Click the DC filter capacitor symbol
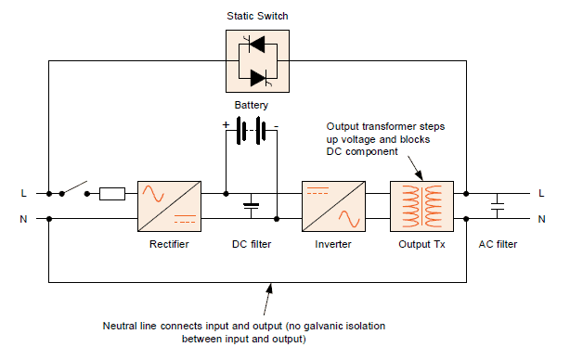252,206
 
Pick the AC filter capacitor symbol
498,206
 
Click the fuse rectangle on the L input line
112,194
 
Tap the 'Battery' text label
252,106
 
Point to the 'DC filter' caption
252,245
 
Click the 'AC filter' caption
498,245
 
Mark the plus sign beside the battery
225,123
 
